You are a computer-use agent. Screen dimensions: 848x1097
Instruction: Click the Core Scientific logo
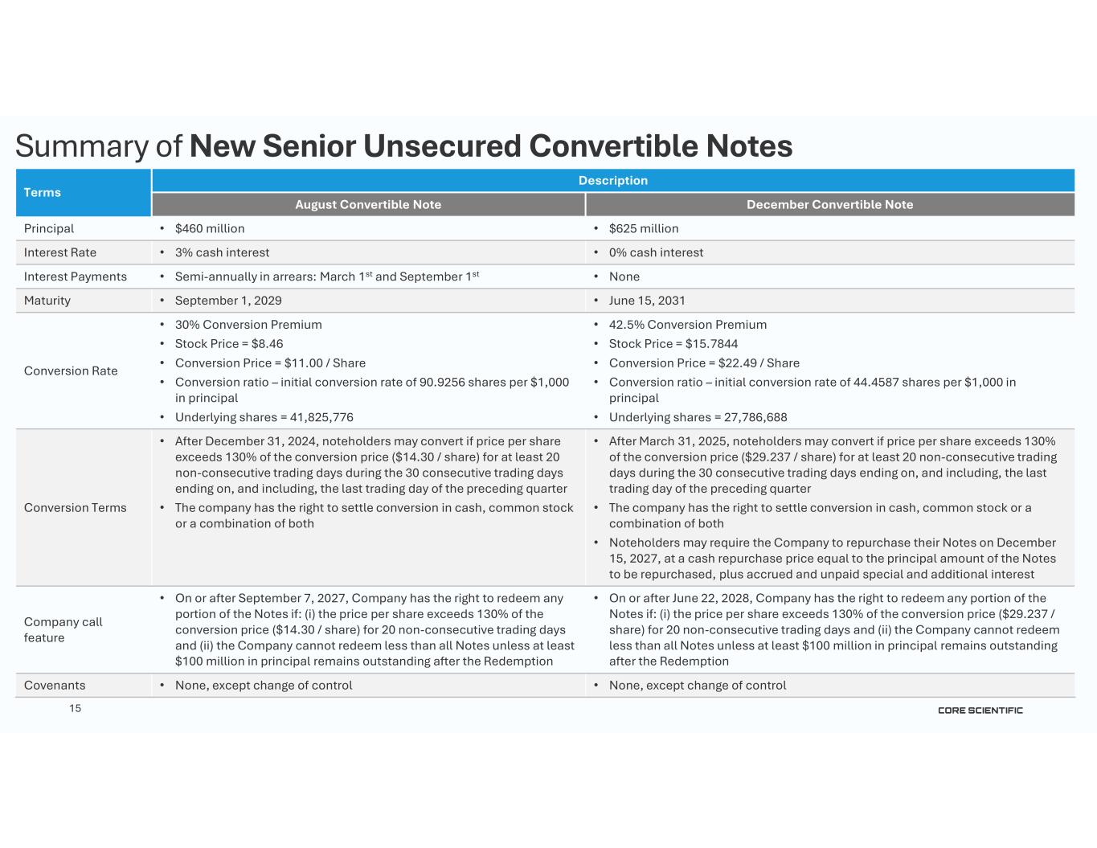pyautogui.click(x=980, y=710)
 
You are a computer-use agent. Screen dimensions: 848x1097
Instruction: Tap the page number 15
pyautogui.click(x=75, y=708)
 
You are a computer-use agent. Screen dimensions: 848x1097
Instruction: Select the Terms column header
pyautogui.click(x=43, y=192)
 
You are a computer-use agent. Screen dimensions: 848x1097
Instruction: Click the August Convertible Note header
pyautogui.click(x=368, y=204)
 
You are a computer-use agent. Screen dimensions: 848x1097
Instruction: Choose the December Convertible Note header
pyautogui.click(x=829, y=204)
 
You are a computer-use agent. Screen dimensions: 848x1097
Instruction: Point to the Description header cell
pyautogui.click(x=612, y=180)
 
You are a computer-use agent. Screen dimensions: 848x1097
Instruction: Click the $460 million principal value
pyautogui.click(x=210, y=228)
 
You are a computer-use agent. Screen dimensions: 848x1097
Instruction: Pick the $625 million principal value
pyautogui.click(x=644, y=228)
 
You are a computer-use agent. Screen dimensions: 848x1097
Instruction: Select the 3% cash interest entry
pyautogui.click(x=222, y=252)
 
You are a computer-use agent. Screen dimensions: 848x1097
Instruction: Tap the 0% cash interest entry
pyautogui.click(x=656, y=252)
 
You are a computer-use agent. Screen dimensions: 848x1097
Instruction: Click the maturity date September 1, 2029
pyautogui.click(x=228, y=301)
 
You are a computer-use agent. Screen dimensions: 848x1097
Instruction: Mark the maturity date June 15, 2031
pyautogui.click(x=647, y=301)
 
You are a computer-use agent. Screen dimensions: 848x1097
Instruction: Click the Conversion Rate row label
pyautogui.click(x=71, y=371)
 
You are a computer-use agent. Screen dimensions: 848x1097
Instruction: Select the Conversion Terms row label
pyautogui.click(x=75, y=507)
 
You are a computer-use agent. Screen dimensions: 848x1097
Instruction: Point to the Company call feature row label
pyautogui.click(x=63, y=629)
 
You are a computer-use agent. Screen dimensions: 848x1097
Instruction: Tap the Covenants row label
pyautogui.click(x=55, y=685)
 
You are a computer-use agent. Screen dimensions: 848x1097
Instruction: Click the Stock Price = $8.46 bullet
pyautogui.click(x=229, y=343)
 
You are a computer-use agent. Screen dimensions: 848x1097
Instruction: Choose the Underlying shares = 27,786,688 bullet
pyautogui.click(x=698, y=417)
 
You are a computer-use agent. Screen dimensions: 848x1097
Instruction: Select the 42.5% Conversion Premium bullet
pyautogui.click(x=688, y=325)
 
